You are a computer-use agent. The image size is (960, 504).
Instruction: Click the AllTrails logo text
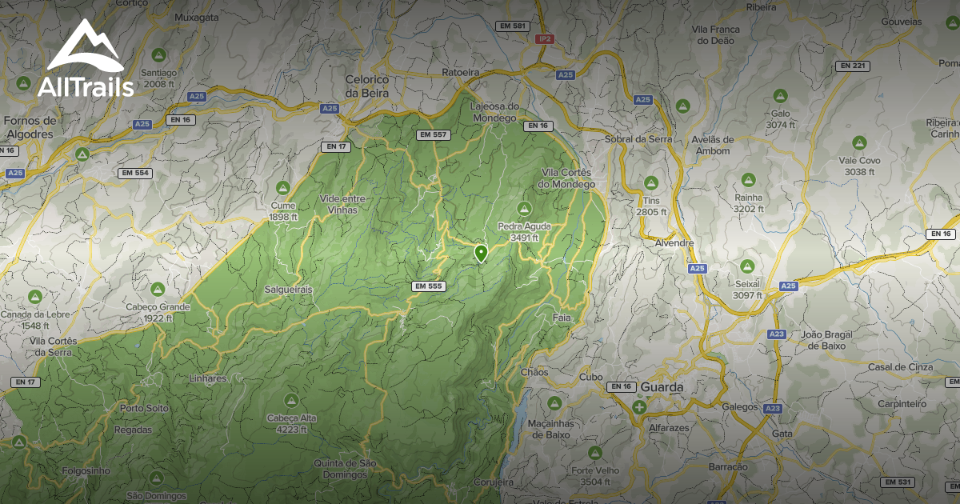(86, 87)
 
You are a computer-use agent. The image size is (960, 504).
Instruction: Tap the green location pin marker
(481, 254)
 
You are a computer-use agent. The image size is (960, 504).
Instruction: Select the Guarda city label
(662, 387)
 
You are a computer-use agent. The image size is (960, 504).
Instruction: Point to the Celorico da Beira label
(366, 86)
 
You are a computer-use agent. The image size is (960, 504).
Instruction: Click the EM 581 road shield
(513, 26)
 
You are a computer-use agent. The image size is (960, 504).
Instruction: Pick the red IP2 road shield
(546, 38)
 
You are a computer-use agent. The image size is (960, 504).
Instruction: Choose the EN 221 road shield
(853, 66)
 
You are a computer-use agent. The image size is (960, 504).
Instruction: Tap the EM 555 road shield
(428, 286)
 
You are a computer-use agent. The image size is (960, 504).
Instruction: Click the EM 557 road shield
(432, 134)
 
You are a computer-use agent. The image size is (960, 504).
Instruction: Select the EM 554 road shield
(134, 173)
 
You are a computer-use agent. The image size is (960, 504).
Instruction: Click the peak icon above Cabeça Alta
(291, 398)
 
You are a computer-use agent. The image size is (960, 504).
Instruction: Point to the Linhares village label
(208, 378)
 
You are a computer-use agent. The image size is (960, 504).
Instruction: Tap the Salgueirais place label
(288, 289)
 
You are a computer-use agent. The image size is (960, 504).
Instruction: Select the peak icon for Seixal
(747, 266)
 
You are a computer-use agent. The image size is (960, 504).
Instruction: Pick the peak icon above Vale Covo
(859, 142)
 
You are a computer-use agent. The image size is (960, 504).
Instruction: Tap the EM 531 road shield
(898, 482)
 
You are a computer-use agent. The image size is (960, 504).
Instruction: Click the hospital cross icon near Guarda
(639, 407)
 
